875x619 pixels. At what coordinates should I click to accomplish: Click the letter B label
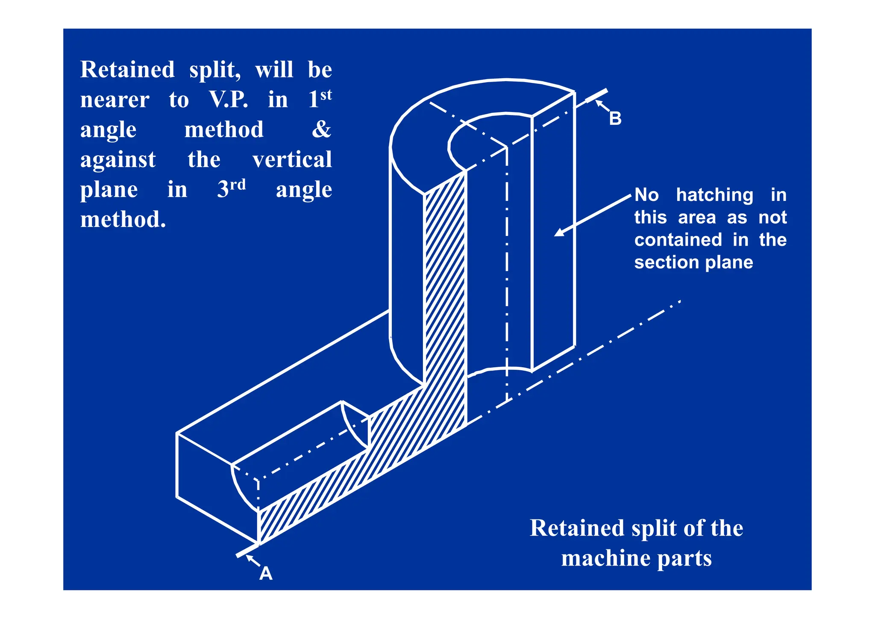(x=615, y=118)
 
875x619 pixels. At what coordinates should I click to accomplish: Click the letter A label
(x=266, y=573)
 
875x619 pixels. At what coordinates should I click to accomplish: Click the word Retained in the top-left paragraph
(x=127, y=70)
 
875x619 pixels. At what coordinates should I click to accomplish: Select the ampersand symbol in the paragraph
(x=321, y=130)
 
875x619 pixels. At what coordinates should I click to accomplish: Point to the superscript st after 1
(x=326, y=94)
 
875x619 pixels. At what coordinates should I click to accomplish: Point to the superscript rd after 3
(x=238, y=185)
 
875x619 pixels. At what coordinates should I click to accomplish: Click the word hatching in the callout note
(x=715, y=195)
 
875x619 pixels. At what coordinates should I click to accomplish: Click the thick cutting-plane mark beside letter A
(x=247, y=550)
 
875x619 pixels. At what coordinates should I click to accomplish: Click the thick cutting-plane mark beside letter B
(x=596, y=96)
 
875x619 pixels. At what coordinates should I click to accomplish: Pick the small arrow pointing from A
(x=253, y=560)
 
